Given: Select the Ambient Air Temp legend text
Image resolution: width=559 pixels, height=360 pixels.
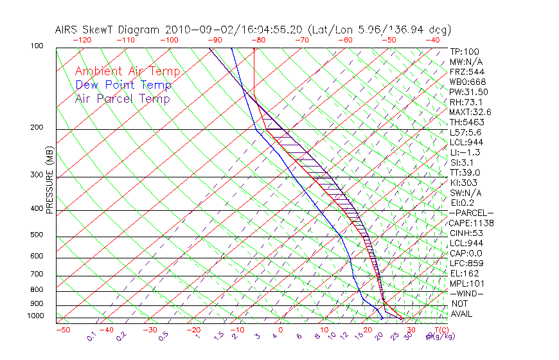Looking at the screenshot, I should (127, 72).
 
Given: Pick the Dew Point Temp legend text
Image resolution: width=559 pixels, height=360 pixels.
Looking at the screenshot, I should (123, 85).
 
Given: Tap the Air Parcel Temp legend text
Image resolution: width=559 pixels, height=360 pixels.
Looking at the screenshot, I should (122, 99).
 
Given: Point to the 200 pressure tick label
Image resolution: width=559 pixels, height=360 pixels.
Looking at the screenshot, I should (37, 127).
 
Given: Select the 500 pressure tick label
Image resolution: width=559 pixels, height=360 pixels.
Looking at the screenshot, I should (37, 235).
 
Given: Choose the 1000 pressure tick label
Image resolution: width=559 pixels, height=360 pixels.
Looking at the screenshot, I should (35, 316).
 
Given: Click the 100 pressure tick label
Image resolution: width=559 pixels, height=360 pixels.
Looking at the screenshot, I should (37, 46).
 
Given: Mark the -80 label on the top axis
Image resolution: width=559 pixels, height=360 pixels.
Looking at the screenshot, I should (258, 40).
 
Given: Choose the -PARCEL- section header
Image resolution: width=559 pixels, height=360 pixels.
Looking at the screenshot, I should (472, 213).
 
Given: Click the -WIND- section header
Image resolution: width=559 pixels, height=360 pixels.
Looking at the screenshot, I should (466, 293).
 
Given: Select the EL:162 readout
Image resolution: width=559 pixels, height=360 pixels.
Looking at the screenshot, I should (463, 273).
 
